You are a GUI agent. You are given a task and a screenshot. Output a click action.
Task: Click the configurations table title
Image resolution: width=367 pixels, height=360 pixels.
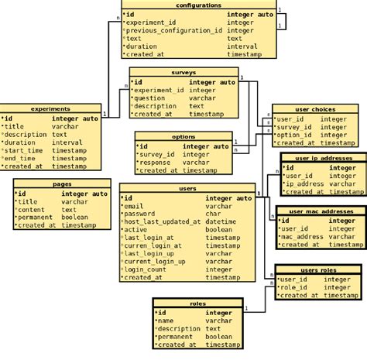[198, 5]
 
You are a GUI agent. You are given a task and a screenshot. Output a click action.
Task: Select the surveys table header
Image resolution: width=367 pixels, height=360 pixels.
[183, 72]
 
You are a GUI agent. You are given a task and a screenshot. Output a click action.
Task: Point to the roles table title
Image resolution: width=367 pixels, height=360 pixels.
[197, 303]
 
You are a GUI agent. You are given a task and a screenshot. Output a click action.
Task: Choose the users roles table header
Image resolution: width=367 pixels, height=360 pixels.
[318, 270]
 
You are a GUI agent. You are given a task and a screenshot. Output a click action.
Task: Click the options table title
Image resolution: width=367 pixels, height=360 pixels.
[183, 137]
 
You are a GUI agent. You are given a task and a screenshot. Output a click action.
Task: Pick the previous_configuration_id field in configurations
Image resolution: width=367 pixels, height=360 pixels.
[174, 30]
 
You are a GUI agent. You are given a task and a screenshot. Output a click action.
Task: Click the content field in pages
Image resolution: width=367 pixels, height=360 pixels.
[32, 210]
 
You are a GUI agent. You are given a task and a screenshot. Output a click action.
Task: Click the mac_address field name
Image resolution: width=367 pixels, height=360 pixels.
[304, 237]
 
